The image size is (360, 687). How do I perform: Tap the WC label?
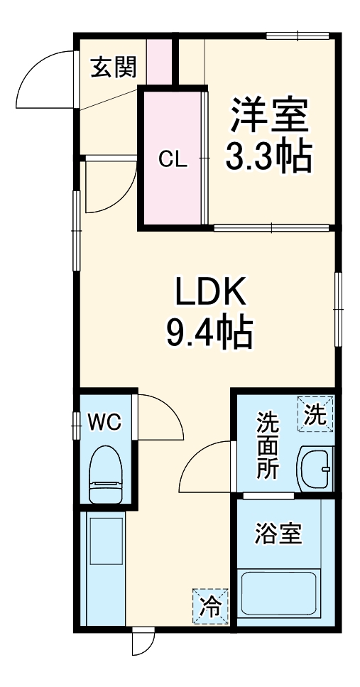(104, 422)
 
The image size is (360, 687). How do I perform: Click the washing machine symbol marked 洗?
(315, 413)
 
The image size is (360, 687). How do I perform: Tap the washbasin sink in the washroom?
(315, 468)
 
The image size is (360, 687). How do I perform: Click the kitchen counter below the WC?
(104, 568)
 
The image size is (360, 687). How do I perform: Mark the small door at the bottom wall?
(141, 642)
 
